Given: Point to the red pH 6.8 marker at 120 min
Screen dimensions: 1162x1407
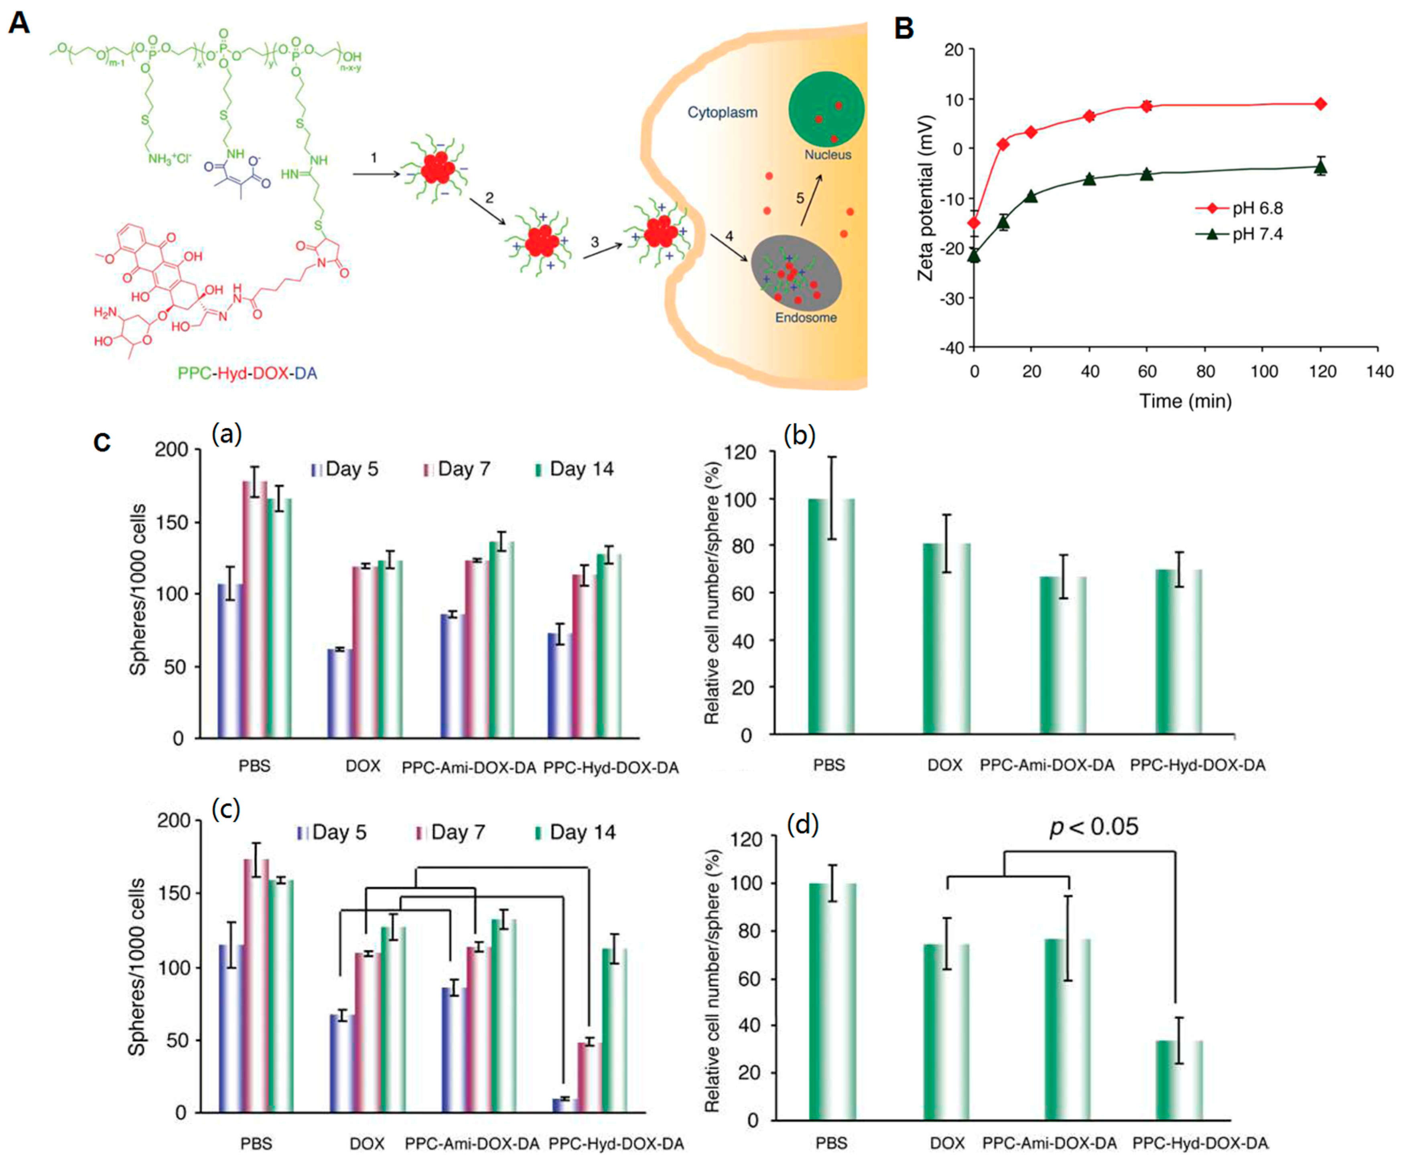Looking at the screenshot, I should (x=1321, y=104).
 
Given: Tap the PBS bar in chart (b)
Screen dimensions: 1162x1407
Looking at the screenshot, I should (x=831, y=616).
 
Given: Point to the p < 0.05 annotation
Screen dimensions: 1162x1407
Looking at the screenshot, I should (x=1093, y=827).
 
